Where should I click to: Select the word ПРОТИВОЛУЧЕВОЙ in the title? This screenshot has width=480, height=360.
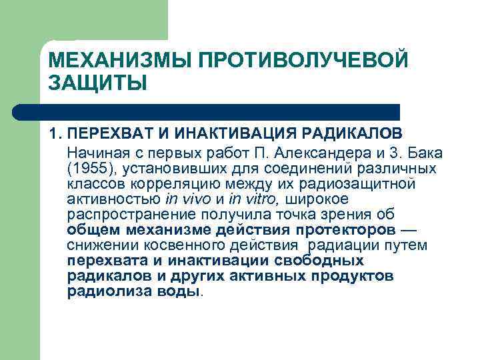(x=301, y=61)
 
